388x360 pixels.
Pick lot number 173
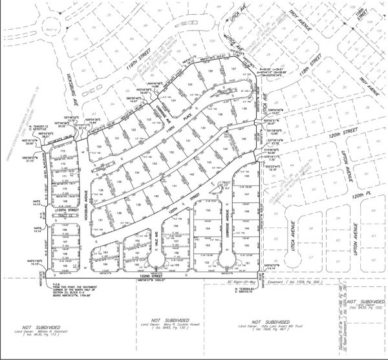pyautogui.click(x=62, y=153)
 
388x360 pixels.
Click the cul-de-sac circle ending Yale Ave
pyautogui.click(x=156, y=260)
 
